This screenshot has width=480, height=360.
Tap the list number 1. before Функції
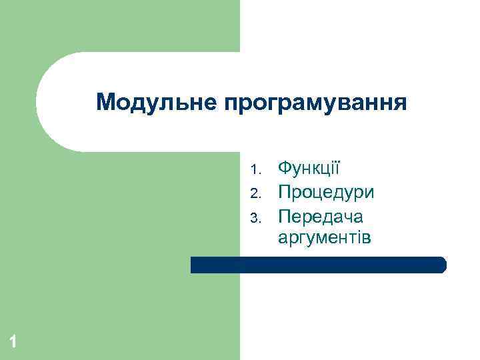254,167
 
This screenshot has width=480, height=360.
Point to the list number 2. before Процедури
254,194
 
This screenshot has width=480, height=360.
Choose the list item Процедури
326,193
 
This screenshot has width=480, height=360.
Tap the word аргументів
324,237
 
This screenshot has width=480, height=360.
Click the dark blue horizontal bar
318,265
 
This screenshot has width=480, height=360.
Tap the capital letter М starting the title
105,103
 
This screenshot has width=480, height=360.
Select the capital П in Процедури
285,193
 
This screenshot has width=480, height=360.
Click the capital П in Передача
285,217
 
